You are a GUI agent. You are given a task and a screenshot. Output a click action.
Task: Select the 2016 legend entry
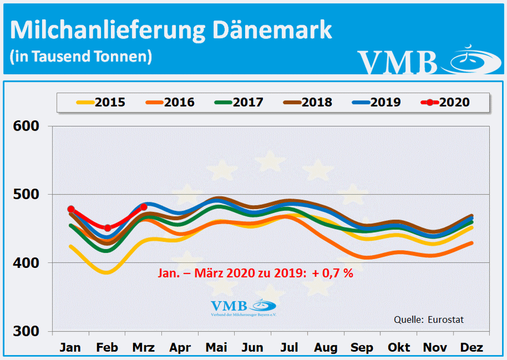170,103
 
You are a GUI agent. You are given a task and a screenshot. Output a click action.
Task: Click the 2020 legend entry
445,103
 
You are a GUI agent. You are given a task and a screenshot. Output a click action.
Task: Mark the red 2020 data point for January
71,209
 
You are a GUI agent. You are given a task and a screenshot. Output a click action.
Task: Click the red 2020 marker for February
107,228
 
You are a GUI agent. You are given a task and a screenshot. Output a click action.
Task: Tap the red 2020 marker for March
144,207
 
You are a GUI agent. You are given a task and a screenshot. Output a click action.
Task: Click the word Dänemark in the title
272,31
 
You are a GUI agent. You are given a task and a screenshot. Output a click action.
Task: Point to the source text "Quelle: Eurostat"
429,319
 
